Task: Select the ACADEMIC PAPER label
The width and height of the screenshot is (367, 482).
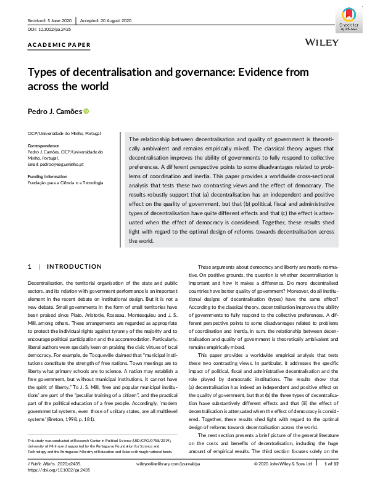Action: tap(59, 45)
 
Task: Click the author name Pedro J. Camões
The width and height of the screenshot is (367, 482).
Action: tap(54, 112)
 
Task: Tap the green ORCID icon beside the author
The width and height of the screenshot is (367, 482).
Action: tap(86, 112)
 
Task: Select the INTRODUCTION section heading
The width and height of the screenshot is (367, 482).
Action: tap(75, 267)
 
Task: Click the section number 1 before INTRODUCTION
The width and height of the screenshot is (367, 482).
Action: tap(30, 267)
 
